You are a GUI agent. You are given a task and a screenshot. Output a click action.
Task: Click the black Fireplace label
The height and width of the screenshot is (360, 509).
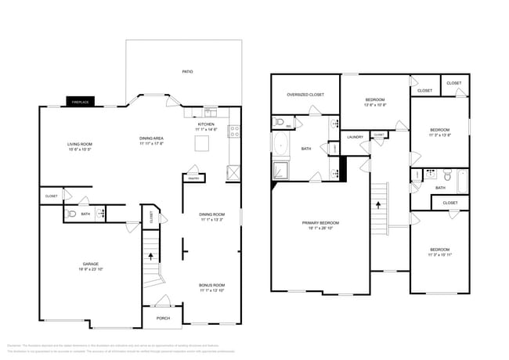point(79,102)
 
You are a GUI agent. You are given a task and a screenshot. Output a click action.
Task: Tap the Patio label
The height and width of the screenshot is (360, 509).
point(187,72)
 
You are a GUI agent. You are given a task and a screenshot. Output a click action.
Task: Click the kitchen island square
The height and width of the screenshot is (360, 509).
point(204,142)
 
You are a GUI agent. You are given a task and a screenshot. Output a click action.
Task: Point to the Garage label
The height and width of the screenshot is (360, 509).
point(91,264)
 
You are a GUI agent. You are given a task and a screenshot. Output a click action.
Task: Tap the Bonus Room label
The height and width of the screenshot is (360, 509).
point(211,285)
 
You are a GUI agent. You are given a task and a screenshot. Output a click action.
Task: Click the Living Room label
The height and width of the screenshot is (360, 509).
point(79,144)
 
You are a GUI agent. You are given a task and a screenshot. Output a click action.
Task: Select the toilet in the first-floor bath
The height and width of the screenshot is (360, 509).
point(71,213)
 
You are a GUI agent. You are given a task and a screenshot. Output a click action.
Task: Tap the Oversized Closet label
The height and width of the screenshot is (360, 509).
point(305,95)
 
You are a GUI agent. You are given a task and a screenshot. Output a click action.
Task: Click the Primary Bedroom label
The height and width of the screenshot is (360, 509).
point(321,223)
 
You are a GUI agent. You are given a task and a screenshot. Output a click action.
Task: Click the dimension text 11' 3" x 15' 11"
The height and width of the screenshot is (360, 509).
point(439,254)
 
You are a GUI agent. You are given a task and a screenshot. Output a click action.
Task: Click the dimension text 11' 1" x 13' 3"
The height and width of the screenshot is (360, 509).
point(211,220)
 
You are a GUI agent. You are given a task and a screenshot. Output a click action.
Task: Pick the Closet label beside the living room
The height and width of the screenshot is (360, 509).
point(51,196)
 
